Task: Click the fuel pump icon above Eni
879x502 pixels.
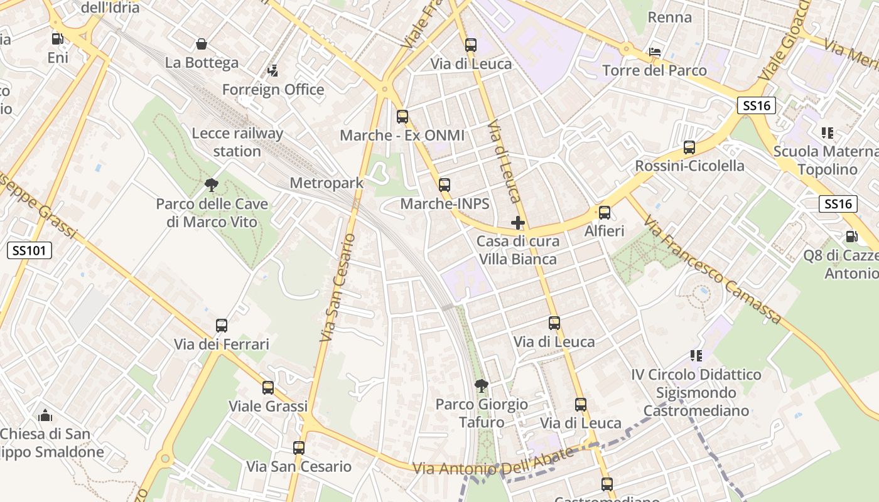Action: (x=57, y=38)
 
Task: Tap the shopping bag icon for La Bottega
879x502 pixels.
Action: (x=202, y=44)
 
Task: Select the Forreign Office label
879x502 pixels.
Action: (x=273, y=90)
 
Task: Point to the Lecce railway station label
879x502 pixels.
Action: (x=237, y=142)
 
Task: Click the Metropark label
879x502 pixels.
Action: (x=326, y=183)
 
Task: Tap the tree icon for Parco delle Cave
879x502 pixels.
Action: (x=212, y=184)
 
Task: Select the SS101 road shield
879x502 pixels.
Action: (x=30, y=250)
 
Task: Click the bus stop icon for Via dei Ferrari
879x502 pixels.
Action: (x=222, y=325)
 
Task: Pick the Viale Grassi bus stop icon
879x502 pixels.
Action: (x=268, y=387)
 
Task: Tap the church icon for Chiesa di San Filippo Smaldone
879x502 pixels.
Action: (x=45, y=415)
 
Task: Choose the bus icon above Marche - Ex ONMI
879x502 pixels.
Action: (x=402, y=116)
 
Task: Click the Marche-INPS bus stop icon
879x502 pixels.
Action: (x=445, y=184)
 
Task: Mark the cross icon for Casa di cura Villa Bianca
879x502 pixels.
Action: (x=518, y=223)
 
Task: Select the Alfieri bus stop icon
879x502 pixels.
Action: (x=605, y=212)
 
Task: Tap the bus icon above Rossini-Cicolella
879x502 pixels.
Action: (x=689, y=147)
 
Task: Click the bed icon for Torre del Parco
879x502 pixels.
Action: (x=655, y=51)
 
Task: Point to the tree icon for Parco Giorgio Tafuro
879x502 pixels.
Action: (x=481, y=385)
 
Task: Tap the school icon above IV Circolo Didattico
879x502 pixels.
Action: (x=696, y=356)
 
